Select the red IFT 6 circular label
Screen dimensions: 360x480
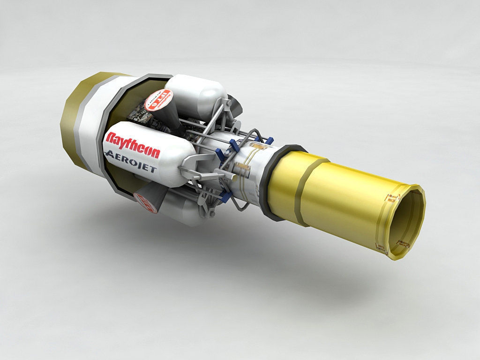(158, 100)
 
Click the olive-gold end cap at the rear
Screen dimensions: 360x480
(77, 117)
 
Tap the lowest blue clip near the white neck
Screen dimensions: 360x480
(225, 198)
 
